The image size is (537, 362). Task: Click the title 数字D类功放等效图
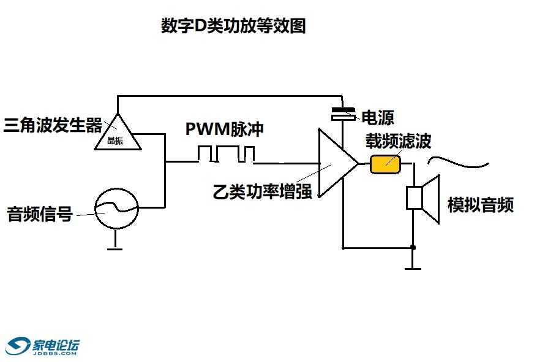point(233,26)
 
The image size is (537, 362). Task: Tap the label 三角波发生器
point(52,126)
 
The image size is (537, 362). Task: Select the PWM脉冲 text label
point(226,131)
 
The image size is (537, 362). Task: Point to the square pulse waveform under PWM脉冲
point(226,154)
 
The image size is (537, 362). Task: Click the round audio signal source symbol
point(116,209)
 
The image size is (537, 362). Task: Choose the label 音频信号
point(40,215)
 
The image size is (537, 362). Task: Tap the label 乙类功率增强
point(262,191)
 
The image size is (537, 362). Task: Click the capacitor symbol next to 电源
point(343,114)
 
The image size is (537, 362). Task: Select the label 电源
point(377,118)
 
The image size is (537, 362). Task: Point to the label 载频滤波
point(399,141)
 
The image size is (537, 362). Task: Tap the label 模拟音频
point(480,205)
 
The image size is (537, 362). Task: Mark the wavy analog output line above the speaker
point(458,163)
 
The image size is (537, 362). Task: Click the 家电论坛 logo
point(42,347)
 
